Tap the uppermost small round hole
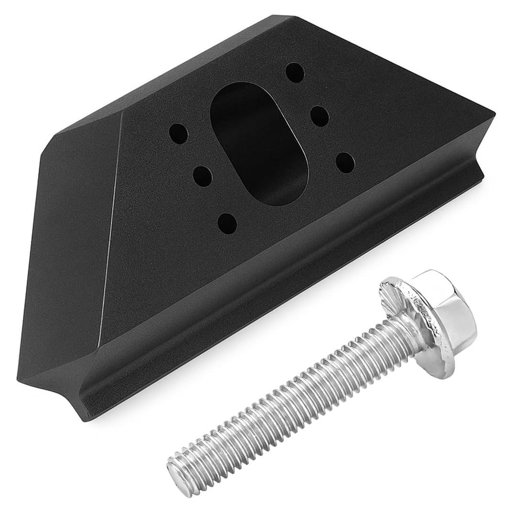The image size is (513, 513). pyautogui.click(x=295, y=73)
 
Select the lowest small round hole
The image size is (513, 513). pyautogui.click(x=227, y=223)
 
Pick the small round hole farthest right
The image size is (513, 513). pyautogui.click(x=345, y=163)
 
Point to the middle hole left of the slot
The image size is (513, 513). pyautogui.click(x=203, y=177)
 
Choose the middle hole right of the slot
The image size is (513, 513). pyautogui.click(x=320, y=116)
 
